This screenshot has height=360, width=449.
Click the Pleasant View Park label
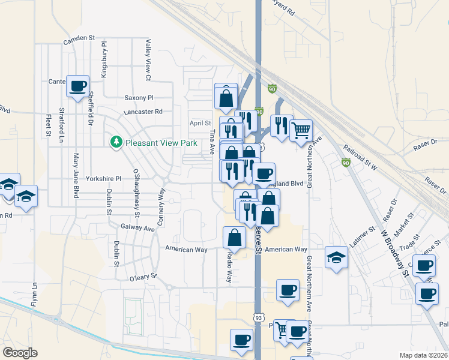tap(161, 143)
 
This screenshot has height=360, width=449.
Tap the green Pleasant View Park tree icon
tap(116, 142)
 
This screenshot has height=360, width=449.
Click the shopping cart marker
tap(301, 129)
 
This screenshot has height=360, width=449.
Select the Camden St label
tap(79, 38)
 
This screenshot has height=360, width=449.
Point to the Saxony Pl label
tap(139, 97)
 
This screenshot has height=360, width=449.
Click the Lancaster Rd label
tap(143, 112)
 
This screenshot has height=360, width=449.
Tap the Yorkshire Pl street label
tap(103, 179)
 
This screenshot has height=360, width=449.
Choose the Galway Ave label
tap(137, 228)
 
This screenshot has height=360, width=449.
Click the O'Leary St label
tap(142, 276)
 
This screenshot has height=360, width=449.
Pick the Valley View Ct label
tap(148, 61)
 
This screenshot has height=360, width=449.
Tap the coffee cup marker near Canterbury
tap(77, 86)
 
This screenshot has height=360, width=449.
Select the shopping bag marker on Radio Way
tap(234, 238)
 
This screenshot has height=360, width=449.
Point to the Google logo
tap(20, 353)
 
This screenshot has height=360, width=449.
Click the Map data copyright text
tap(424, 355)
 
